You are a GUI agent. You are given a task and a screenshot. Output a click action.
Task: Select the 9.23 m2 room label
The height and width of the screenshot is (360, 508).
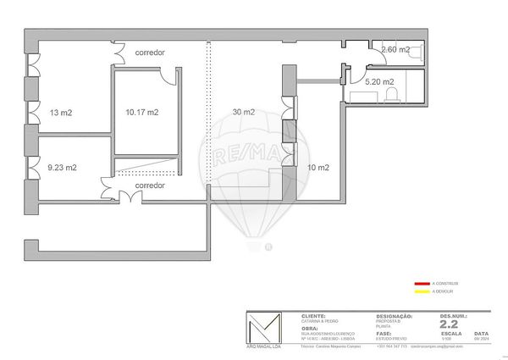click(62, 168)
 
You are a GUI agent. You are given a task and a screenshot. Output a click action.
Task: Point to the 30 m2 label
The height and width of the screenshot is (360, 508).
click(243, 112)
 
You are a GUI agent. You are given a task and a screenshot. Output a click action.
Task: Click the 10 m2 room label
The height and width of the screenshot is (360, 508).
click(318, 168)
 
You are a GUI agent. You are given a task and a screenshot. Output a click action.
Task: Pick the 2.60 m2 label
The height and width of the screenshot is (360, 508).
click(395, 50)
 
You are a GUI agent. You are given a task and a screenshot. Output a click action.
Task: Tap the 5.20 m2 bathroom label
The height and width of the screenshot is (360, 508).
click(379, 82)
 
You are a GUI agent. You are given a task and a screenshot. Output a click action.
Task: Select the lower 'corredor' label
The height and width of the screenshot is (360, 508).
click(149, 185)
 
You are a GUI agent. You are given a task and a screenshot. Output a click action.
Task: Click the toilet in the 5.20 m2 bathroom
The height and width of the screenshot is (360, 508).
click(391, 94)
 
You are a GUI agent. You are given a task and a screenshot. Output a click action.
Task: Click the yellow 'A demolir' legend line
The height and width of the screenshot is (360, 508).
click(422, 291)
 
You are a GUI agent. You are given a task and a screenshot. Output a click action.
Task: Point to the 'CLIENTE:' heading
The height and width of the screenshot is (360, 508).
click(313, 315)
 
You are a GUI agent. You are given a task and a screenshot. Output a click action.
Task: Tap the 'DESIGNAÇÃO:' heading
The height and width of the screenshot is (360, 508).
click(394, 315)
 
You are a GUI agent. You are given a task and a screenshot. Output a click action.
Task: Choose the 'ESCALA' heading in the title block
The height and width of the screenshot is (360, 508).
click(450, 334)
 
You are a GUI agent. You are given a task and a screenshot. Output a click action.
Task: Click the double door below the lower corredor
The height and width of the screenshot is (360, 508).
click(128, 197)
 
